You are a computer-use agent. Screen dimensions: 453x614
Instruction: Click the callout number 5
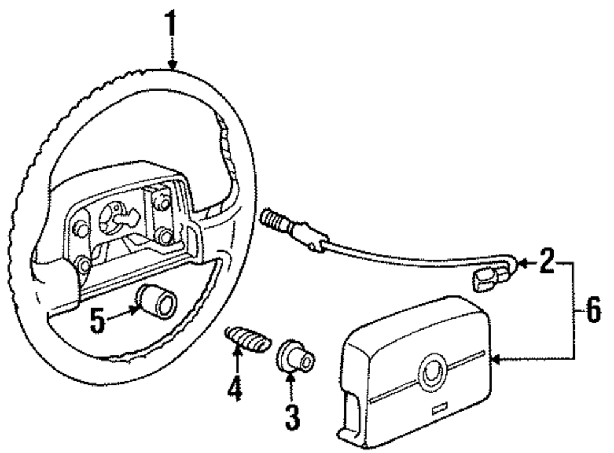(x=98, y=320)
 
